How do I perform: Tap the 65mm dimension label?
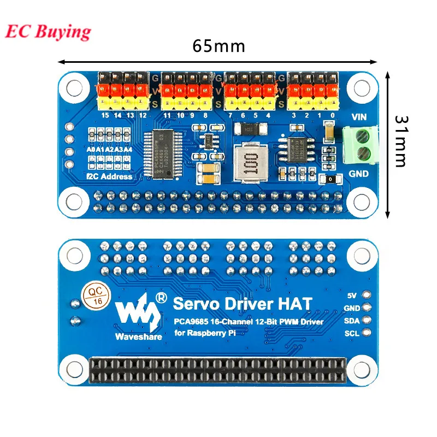click(218, 46)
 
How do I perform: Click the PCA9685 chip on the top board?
click(162, 154)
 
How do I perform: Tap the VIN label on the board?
click(359, 116)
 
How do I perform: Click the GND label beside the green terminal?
click(359, 173)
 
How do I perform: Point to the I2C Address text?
click(109, 176)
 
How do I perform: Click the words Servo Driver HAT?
click(243, 304)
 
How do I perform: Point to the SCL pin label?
click(351, 332)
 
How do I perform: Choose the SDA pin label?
click(351, 320)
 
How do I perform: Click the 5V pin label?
click(352, 296)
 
